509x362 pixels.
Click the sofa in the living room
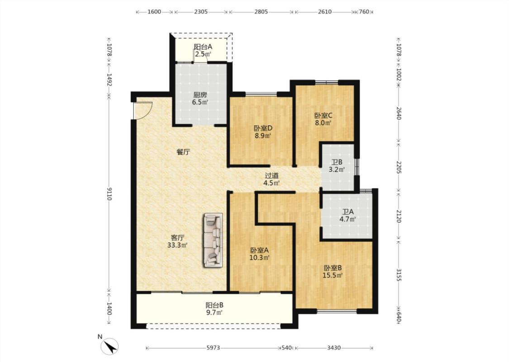[x=213, y=240]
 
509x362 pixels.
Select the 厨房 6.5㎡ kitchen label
[x=200, y=99]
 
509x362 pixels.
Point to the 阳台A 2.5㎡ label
[x=203, y=50]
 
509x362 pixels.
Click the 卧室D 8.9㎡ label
[x=263, y=132]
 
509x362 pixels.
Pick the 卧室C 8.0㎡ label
[x=323, y=119]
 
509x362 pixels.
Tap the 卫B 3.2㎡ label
[x=337, y=166]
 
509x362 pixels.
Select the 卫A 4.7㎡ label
[x=347, y=215]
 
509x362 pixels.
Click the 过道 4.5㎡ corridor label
[x=272, y=179]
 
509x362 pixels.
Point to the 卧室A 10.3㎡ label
[x=260, y=254]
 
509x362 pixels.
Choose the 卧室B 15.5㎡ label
[x=333, y=272]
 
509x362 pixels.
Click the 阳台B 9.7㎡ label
[x=214, y=309]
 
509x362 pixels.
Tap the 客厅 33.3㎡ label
[x=177, y=241]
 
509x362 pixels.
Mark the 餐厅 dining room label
[x=183, y=152]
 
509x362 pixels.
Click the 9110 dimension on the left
[x=109, y=194]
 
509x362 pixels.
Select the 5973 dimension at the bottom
[x=213, y=348]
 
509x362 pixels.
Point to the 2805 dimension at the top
[x=261, y=12]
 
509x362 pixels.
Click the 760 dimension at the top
[x=364, y=12]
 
